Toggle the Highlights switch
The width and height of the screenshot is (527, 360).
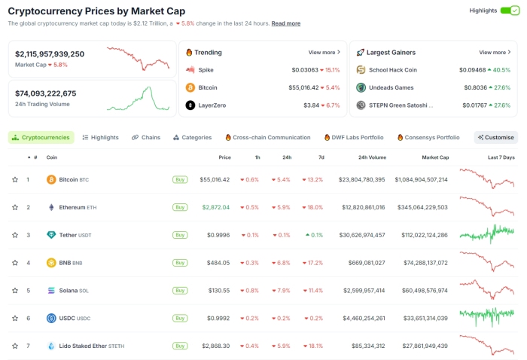point(510,11)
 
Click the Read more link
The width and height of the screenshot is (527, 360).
point(286,23)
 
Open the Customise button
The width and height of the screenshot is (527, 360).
point(496,138)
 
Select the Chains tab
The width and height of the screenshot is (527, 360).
point(146,138)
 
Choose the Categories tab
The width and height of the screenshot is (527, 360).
point(192,138)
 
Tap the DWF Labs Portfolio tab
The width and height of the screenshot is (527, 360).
point(353,138)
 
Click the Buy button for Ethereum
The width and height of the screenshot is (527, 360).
point(180,207)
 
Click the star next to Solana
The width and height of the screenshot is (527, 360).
point(14,291)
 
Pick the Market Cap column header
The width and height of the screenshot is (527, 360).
point(434,157)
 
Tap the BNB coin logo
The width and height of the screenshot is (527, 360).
point(51,263)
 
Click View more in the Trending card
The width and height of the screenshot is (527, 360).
point(324,53)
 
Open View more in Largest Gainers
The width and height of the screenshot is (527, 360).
point(495,53)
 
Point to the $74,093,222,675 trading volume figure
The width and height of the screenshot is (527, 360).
point(46,93)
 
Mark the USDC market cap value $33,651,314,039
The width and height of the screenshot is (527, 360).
point(425,318)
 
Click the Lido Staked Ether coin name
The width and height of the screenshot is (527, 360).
point(82,346)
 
